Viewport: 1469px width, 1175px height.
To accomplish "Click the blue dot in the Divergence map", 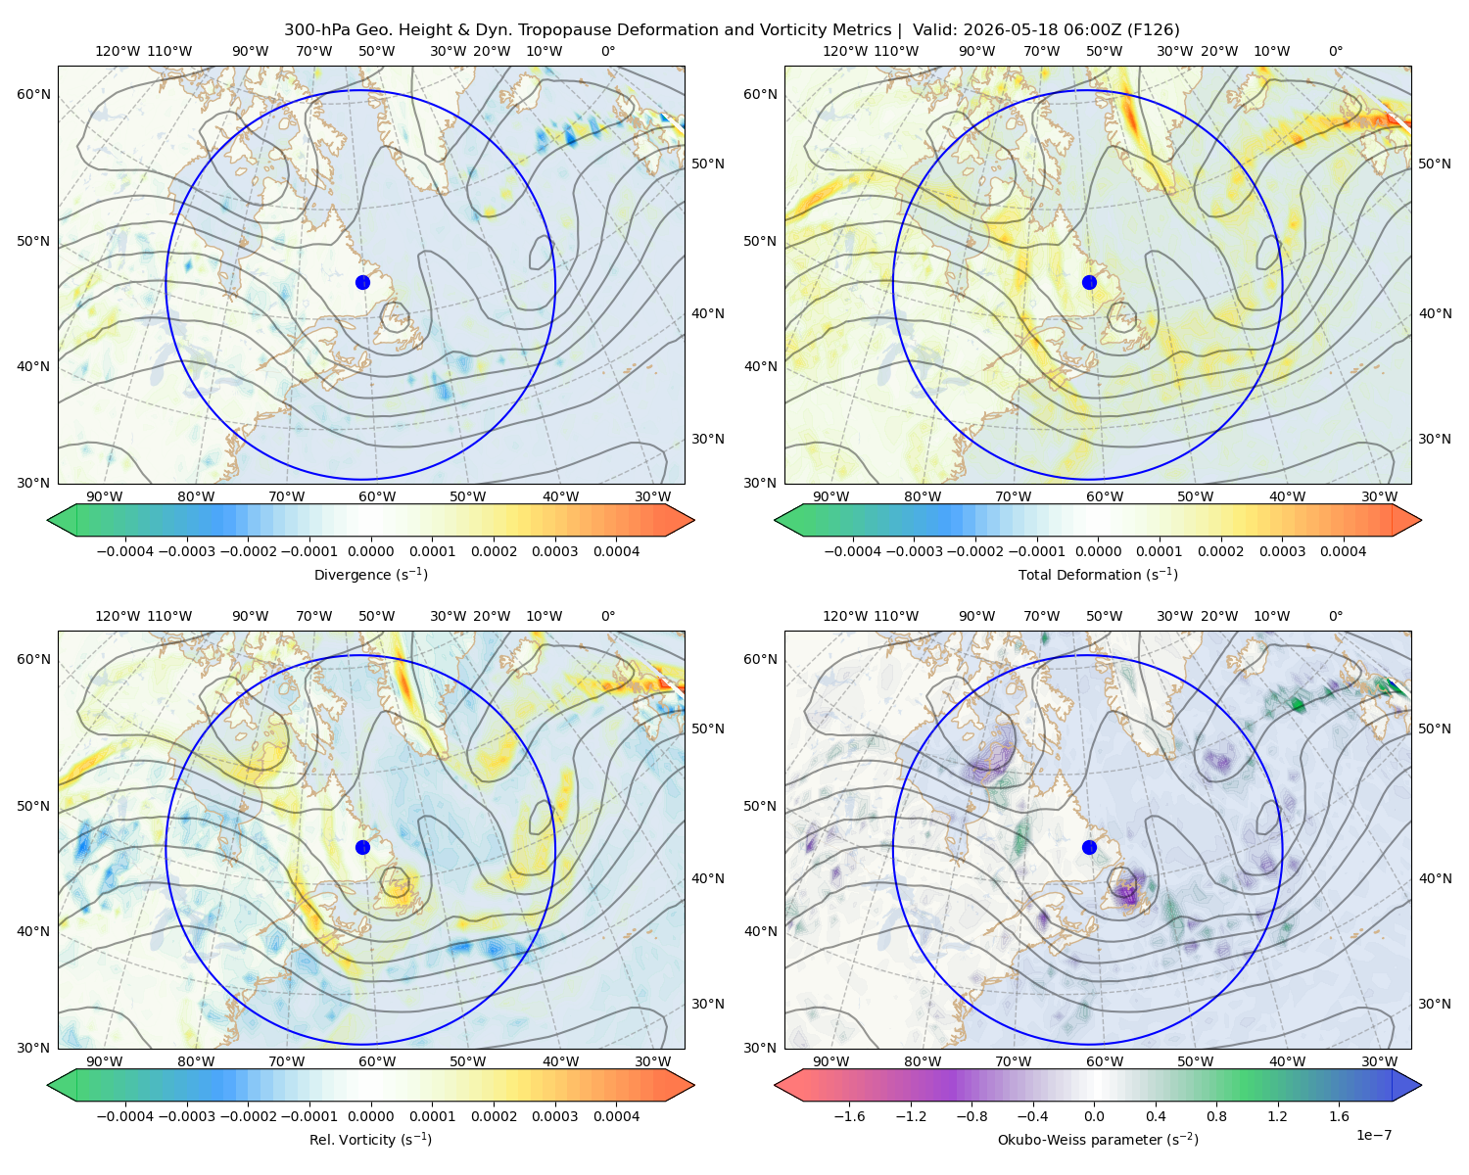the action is tap(362, 283).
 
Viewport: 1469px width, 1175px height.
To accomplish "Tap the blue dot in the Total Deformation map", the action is tap(1089, 283).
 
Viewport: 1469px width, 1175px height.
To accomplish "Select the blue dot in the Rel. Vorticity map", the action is tap(362, 847).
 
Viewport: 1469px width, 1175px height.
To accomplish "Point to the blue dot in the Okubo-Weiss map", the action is tap(1089, 847).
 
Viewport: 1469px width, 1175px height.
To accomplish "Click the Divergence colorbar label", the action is tap(370, 575).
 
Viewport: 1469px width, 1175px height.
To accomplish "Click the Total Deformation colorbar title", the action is tap(1098, 575).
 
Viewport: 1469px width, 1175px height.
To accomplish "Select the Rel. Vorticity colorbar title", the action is tap(370, 1140).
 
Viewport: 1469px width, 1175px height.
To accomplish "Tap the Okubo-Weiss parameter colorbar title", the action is tap(1098, 1140).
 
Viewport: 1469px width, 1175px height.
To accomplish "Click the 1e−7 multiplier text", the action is tap(1373, 1136).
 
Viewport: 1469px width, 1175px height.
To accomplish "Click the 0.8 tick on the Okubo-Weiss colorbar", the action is tap(1216, 1116).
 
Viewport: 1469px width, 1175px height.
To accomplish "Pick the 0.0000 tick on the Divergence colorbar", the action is tap(370, 551).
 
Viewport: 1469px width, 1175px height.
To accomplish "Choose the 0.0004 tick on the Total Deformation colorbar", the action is tap(1343, 551).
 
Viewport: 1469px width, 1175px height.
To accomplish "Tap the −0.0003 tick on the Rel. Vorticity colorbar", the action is tap(186, 1116).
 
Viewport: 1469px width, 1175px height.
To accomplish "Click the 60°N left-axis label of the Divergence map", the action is tap(33, 94).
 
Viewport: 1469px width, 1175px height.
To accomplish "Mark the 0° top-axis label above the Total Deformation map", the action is tap(1336, 51).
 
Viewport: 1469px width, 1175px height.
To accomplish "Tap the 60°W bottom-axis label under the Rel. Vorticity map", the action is tap(377, 1061).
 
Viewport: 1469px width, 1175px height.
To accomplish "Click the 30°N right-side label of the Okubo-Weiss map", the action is tap(1435, 1004).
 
